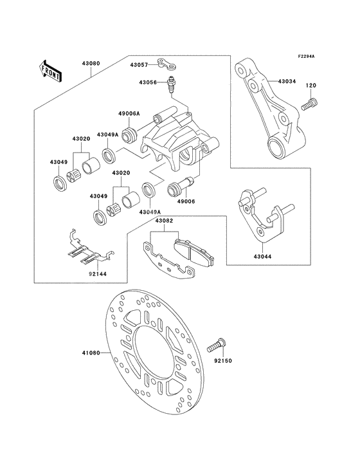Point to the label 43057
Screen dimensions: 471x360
click(x=139, y=65)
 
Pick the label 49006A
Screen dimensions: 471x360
click(x=129, y=113)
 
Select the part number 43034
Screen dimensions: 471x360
click(x=287, y=82)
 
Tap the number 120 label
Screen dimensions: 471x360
click(x=310, y=86)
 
